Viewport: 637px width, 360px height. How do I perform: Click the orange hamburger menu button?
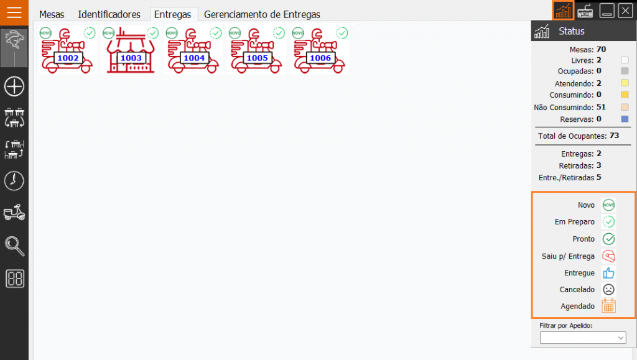(x=14, y=12)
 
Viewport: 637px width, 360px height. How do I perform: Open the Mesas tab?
(x=52, y=14)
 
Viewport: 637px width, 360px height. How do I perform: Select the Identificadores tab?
(x=109, y=14)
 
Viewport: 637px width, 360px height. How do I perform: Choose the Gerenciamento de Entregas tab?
(x=262, y=14)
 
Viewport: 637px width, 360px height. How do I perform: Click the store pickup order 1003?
(x=131, y=50)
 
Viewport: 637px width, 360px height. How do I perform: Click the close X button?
(x=625, y=11)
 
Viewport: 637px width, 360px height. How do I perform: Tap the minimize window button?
(x=607, y=11)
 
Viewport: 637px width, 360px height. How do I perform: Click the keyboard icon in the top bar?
(x=585, y=11)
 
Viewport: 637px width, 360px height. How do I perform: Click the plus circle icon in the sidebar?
(x=14, y=86)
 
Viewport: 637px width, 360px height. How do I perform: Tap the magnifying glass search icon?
(x=14, y=246)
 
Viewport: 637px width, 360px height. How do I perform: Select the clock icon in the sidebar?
(x=14, y=180)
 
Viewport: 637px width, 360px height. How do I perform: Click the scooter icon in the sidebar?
(x=14, y=212)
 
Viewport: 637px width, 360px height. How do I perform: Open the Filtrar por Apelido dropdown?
(x=582, y=337)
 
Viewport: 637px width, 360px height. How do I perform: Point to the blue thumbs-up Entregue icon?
(x=608, y=273)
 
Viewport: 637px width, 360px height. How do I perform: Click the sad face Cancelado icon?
(x=608, y=289)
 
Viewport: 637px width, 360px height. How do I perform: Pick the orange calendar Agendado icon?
(x=608, y=306)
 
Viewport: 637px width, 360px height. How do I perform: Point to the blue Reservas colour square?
(x=625, y=119)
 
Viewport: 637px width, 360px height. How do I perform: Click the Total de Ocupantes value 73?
(x=614, y=136)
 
